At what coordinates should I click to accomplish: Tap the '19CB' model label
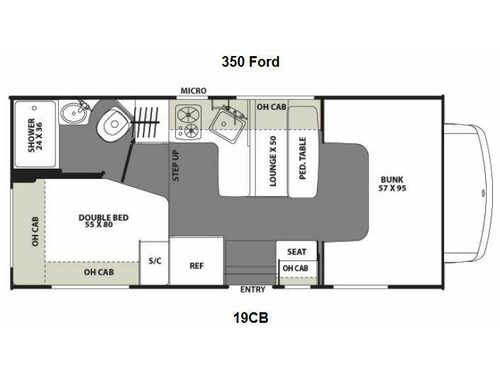250,319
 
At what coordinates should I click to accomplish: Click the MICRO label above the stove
193,91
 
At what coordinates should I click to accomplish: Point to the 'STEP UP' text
175,166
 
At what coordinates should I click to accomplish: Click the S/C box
154,262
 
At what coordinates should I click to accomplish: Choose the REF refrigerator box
197,265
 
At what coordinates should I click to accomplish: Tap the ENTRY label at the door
252,290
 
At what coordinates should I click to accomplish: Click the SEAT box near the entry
296,252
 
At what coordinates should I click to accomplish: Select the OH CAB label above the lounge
272,107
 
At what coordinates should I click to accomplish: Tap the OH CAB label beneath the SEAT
296,268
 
